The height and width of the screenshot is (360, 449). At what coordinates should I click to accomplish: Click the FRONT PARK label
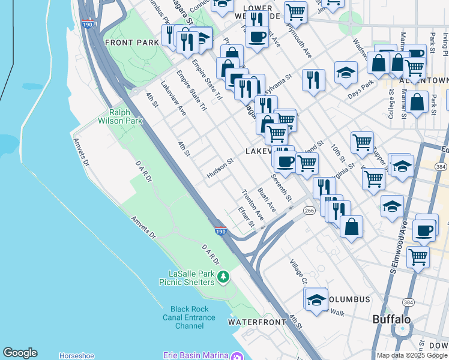(131, 43)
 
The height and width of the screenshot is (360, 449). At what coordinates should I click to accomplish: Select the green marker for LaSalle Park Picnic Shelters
(223, 277)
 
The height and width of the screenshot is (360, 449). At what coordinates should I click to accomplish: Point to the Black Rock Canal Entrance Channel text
(190, 317)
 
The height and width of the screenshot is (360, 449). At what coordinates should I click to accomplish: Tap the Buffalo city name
(391, 319)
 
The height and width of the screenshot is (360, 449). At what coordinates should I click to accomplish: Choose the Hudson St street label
(220, 169)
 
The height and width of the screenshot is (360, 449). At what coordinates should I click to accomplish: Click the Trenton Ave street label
(253, 205)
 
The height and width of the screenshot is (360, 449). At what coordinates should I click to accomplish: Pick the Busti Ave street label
(266, 199)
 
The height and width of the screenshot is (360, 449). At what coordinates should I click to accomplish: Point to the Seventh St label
(281, 188)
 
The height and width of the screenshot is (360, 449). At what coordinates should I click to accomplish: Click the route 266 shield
(309, 211)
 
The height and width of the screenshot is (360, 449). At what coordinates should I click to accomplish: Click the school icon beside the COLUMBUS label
(315, 298)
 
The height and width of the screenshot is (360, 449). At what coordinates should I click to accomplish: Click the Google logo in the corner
(20, 353)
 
